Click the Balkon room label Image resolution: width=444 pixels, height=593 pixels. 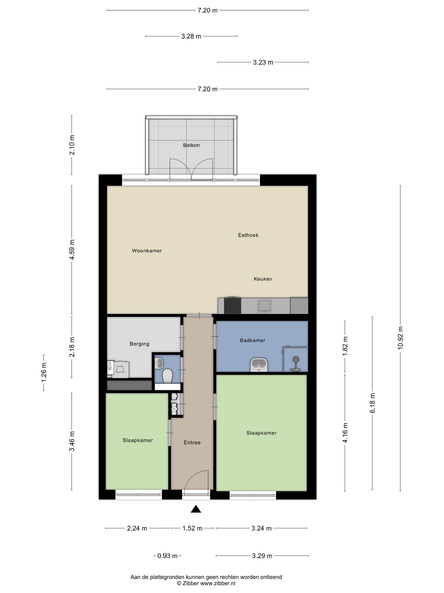coord(191,145)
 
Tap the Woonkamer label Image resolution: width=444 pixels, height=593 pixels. coord(147,251)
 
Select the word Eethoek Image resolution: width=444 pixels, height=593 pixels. coord(248,235)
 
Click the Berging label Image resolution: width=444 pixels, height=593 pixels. coord(139,344)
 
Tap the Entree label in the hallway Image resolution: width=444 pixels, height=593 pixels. coord(192,442)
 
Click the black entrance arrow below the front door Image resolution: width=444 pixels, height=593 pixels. coord(196,509)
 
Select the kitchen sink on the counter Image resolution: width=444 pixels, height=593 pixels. coord(264,305)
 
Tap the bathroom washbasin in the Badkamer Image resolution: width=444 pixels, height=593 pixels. coord(259,365)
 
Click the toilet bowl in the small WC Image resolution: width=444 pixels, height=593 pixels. coord(167,375)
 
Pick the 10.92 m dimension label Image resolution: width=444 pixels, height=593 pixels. coord(400,338)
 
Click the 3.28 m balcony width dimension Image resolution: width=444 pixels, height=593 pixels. coord(191,36)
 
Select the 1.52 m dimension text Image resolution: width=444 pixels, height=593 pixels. coord(192,528)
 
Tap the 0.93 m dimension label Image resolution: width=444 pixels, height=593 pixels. coord(167,556)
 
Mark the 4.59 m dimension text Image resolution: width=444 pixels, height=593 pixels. coord(72,249)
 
